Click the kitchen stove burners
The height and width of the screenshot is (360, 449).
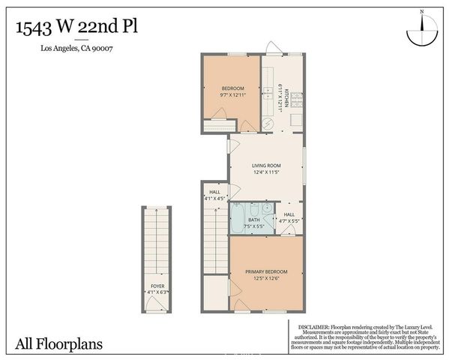296,98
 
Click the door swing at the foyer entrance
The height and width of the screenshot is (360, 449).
157,303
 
